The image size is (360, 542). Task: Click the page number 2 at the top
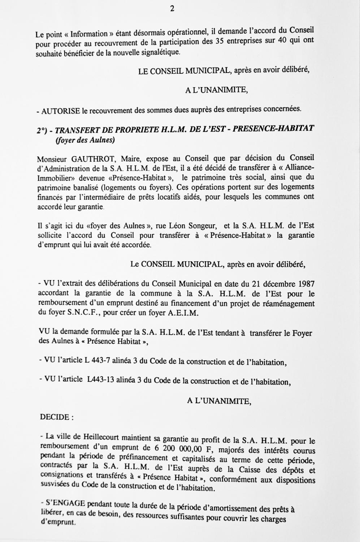pos(172,9)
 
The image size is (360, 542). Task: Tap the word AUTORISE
pos(61,111)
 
